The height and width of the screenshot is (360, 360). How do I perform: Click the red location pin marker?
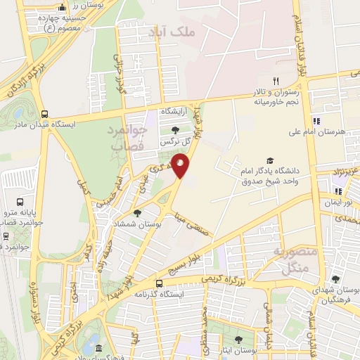point(181,166)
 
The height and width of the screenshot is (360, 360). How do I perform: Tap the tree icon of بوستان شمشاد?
point(137,212)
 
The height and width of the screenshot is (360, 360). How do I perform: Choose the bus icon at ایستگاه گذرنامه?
point(160,283)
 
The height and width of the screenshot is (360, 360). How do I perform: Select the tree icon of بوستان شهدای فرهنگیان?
point(335,278)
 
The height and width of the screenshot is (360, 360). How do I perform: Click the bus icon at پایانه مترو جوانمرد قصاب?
point(6,236)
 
